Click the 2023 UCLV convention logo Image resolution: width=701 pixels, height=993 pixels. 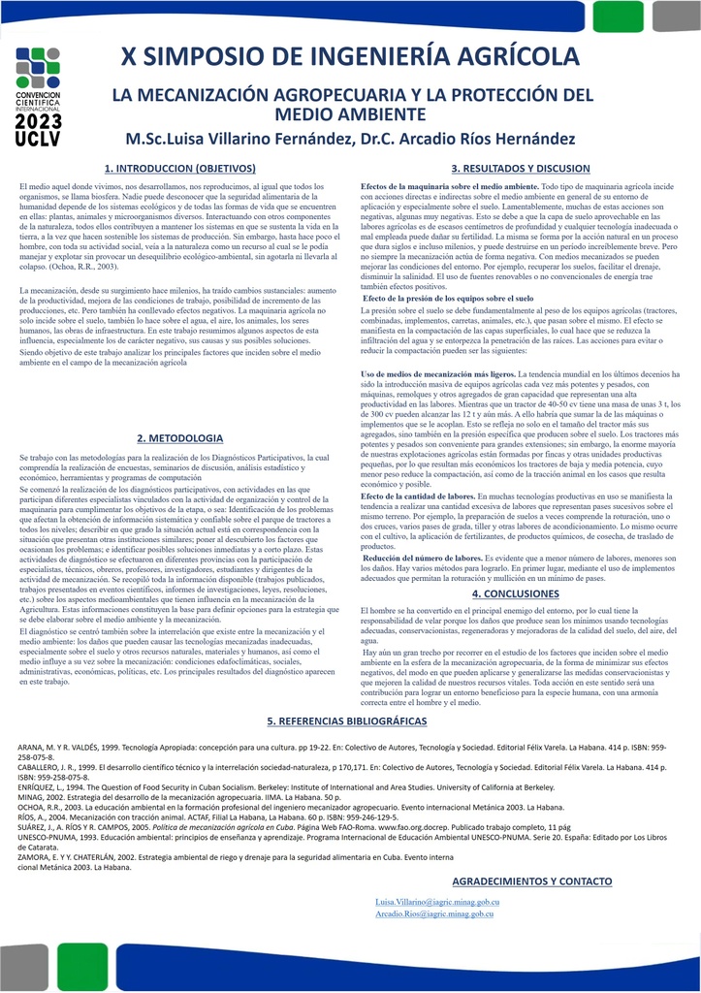[x=39, y=98]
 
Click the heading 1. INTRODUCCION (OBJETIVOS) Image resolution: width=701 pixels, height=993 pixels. [x=179, y=169]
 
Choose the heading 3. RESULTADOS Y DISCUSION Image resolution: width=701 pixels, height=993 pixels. [x=521, y=169]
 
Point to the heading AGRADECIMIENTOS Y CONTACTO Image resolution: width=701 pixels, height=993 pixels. [x=532, y=881]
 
